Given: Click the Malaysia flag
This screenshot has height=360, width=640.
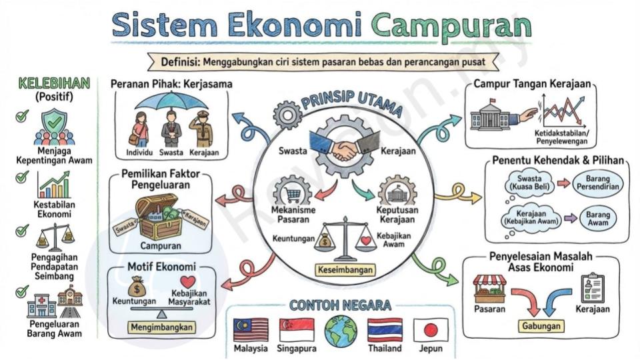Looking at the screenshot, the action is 251,330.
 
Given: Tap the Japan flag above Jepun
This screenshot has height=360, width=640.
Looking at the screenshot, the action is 431,330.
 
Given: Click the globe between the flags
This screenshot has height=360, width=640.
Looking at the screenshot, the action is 341,331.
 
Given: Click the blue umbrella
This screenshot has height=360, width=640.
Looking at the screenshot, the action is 171,102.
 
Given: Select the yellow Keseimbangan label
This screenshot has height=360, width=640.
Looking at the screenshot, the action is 345,270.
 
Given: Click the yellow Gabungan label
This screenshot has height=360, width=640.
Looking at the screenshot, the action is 541,326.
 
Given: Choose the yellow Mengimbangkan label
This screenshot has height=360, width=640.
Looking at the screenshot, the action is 162,327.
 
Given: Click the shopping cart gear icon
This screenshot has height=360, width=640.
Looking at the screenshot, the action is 293,191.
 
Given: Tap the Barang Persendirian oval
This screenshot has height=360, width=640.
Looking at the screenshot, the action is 597,183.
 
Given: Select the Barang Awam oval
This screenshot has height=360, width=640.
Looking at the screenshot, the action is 597,219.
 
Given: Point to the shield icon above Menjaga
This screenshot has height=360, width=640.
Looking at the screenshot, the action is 55,123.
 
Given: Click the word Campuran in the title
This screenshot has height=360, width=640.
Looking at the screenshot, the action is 451,25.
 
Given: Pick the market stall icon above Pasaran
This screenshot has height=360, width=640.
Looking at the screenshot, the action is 489,289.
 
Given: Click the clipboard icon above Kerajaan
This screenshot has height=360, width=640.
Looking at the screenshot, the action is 592,288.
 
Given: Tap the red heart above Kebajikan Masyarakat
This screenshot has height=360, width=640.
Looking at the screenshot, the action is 188,281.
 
